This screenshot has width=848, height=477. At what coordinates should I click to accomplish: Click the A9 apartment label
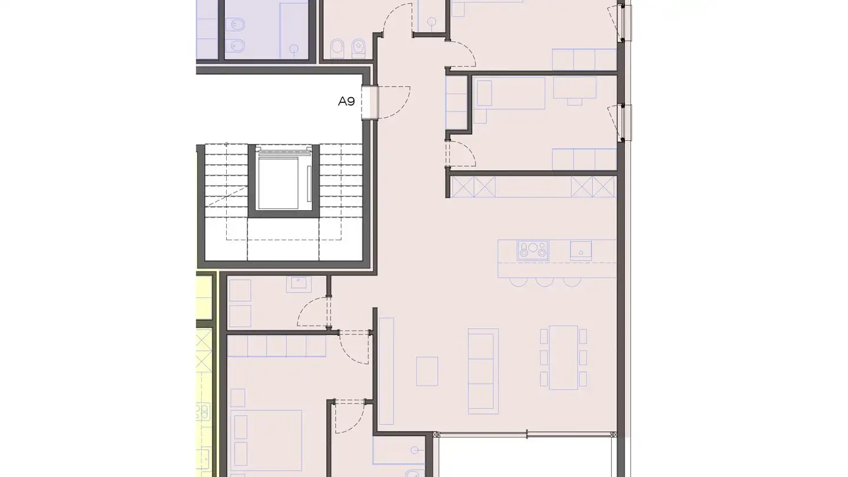(346, 101)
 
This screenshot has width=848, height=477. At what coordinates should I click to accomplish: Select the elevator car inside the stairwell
(284, 180)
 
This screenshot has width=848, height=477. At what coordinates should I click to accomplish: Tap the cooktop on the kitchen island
(533, 250)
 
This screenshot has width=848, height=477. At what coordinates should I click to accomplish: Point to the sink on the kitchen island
(581, 250)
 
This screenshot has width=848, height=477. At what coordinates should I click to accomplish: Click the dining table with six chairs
(564, 357)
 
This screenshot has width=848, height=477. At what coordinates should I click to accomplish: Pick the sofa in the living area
(483, 370)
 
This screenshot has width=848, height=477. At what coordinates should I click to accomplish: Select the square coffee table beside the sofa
(427, 371)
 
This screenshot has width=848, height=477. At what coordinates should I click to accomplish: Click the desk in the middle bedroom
(575, 87)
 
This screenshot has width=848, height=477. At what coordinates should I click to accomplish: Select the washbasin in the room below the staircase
(296, 283)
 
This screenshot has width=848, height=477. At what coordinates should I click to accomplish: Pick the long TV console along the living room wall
(386, 371)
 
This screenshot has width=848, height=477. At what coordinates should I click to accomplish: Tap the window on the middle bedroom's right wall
(624, 122)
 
